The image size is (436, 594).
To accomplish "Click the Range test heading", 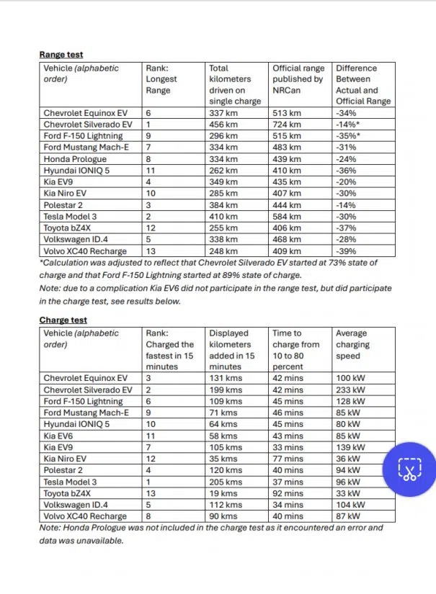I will coord(61,54).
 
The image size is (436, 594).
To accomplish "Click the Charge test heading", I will coord(64,320).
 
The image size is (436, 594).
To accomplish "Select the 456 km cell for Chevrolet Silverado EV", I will coord(223,125).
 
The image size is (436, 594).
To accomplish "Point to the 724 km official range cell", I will coord(287,125).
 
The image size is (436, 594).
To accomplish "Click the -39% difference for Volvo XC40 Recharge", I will coord(347,251).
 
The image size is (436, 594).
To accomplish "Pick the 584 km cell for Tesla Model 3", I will coord(287,217).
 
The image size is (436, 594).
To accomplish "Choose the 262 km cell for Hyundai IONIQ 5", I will coord(223,171).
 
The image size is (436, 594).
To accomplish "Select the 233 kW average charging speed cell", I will coord(351,390).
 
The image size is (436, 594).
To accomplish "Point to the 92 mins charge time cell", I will coord(289,493).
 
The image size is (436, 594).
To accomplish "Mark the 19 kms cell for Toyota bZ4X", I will coord(223,493).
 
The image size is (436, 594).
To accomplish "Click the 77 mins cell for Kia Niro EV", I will coord(288,459).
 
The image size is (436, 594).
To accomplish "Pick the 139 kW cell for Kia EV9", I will coord(351,447).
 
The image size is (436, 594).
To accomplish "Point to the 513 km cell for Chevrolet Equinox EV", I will coord(287,113).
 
